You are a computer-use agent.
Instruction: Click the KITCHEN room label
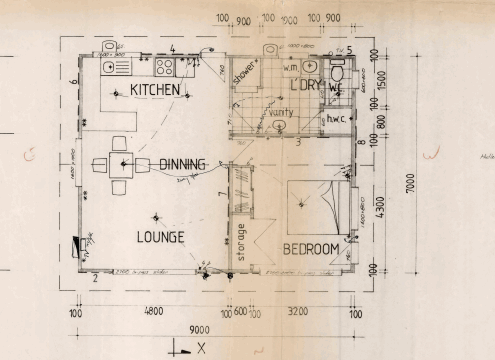click(x=155, y=90)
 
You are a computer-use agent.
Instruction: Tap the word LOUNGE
click(x=159, y=237)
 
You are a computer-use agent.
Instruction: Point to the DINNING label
click(x=183, y=164)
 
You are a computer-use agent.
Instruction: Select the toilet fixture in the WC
click(x=338, y=72)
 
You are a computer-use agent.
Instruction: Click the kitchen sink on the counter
click(x=109, y=67)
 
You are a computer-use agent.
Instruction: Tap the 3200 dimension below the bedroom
click(x=300, y=311)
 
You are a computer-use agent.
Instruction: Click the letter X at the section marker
click(x=201, y=348)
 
